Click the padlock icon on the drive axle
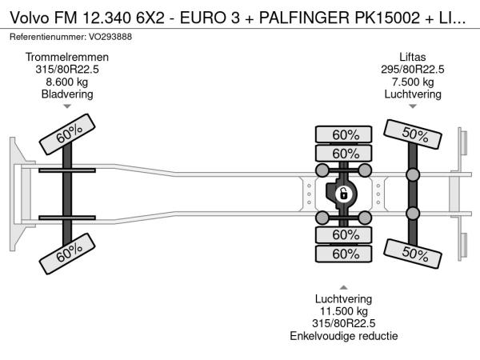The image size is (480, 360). tap(343, 194)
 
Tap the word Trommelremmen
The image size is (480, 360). tap(67, 58)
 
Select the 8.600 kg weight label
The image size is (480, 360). tap(67, 82)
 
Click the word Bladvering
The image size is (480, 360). tap(67, 94)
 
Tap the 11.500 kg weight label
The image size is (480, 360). tap(344, 310)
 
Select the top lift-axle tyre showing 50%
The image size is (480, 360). tap(414, 134)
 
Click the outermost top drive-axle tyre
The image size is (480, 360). tap(344, 134)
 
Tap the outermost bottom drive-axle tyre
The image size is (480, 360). tap(344, 254)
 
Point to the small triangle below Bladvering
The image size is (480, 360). tap(67, 106)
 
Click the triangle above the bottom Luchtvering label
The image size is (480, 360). tap(344, 286)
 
